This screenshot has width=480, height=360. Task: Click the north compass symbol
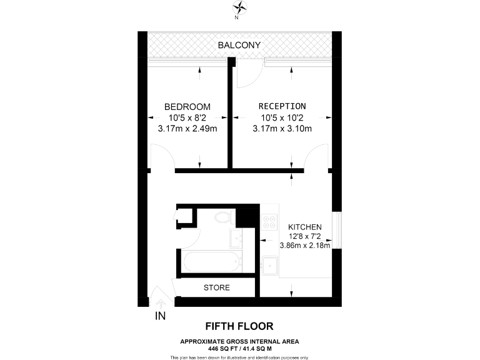[239, 8]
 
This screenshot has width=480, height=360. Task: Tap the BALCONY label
[239, 45]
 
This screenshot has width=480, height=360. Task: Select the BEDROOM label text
[187, 106]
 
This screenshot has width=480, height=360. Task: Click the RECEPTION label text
[282, 106]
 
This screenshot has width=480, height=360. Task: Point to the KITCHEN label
[304, 226]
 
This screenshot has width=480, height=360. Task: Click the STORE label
[217, 287]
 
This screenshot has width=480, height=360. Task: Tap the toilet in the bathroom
[222, 218]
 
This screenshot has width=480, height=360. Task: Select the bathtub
[209, 262]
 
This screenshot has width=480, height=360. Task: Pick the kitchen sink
[270, 266]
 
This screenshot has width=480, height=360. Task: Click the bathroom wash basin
[236, 238]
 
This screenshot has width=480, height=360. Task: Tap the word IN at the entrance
[161, 316]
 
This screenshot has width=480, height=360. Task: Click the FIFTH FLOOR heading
[239, 326]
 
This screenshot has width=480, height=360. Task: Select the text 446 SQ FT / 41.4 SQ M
[239, 347]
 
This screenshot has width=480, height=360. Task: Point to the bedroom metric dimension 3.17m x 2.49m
[187, 129]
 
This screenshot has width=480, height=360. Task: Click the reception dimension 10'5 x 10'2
[282, 117]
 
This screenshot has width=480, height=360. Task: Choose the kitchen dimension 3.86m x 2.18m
[304, 246]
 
